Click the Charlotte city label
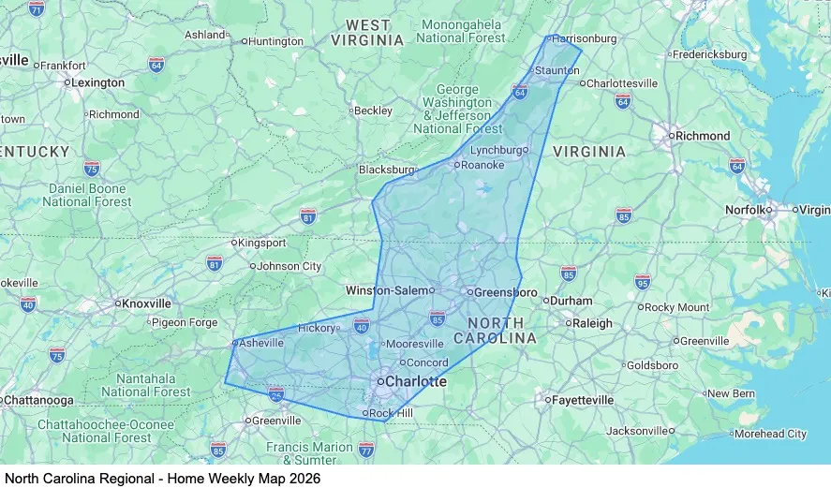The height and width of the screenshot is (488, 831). coord(416,382)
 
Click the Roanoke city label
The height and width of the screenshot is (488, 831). coord(482,165)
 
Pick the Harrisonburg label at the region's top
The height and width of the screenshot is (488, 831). coord(586,38)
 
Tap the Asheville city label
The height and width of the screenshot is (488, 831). coord(261,343)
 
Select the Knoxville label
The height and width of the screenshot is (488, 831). coord(146,303)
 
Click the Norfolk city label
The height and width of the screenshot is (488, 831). coord(746,210)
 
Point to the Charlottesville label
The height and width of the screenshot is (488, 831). coord(622,83)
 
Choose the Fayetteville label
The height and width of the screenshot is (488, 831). coord(584,400)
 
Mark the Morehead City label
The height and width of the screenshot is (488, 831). coord(770,434)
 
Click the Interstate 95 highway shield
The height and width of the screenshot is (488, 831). coord(642,281)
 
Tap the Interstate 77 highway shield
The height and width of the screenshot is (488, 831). coord(366,451)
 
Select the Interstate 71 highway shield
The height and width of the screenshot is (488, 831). coord(37,8)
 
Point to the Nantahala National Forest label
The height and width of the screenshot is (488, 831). coord(145,385)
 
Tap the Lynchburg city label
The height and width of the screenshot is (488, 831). coord(496,150)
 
